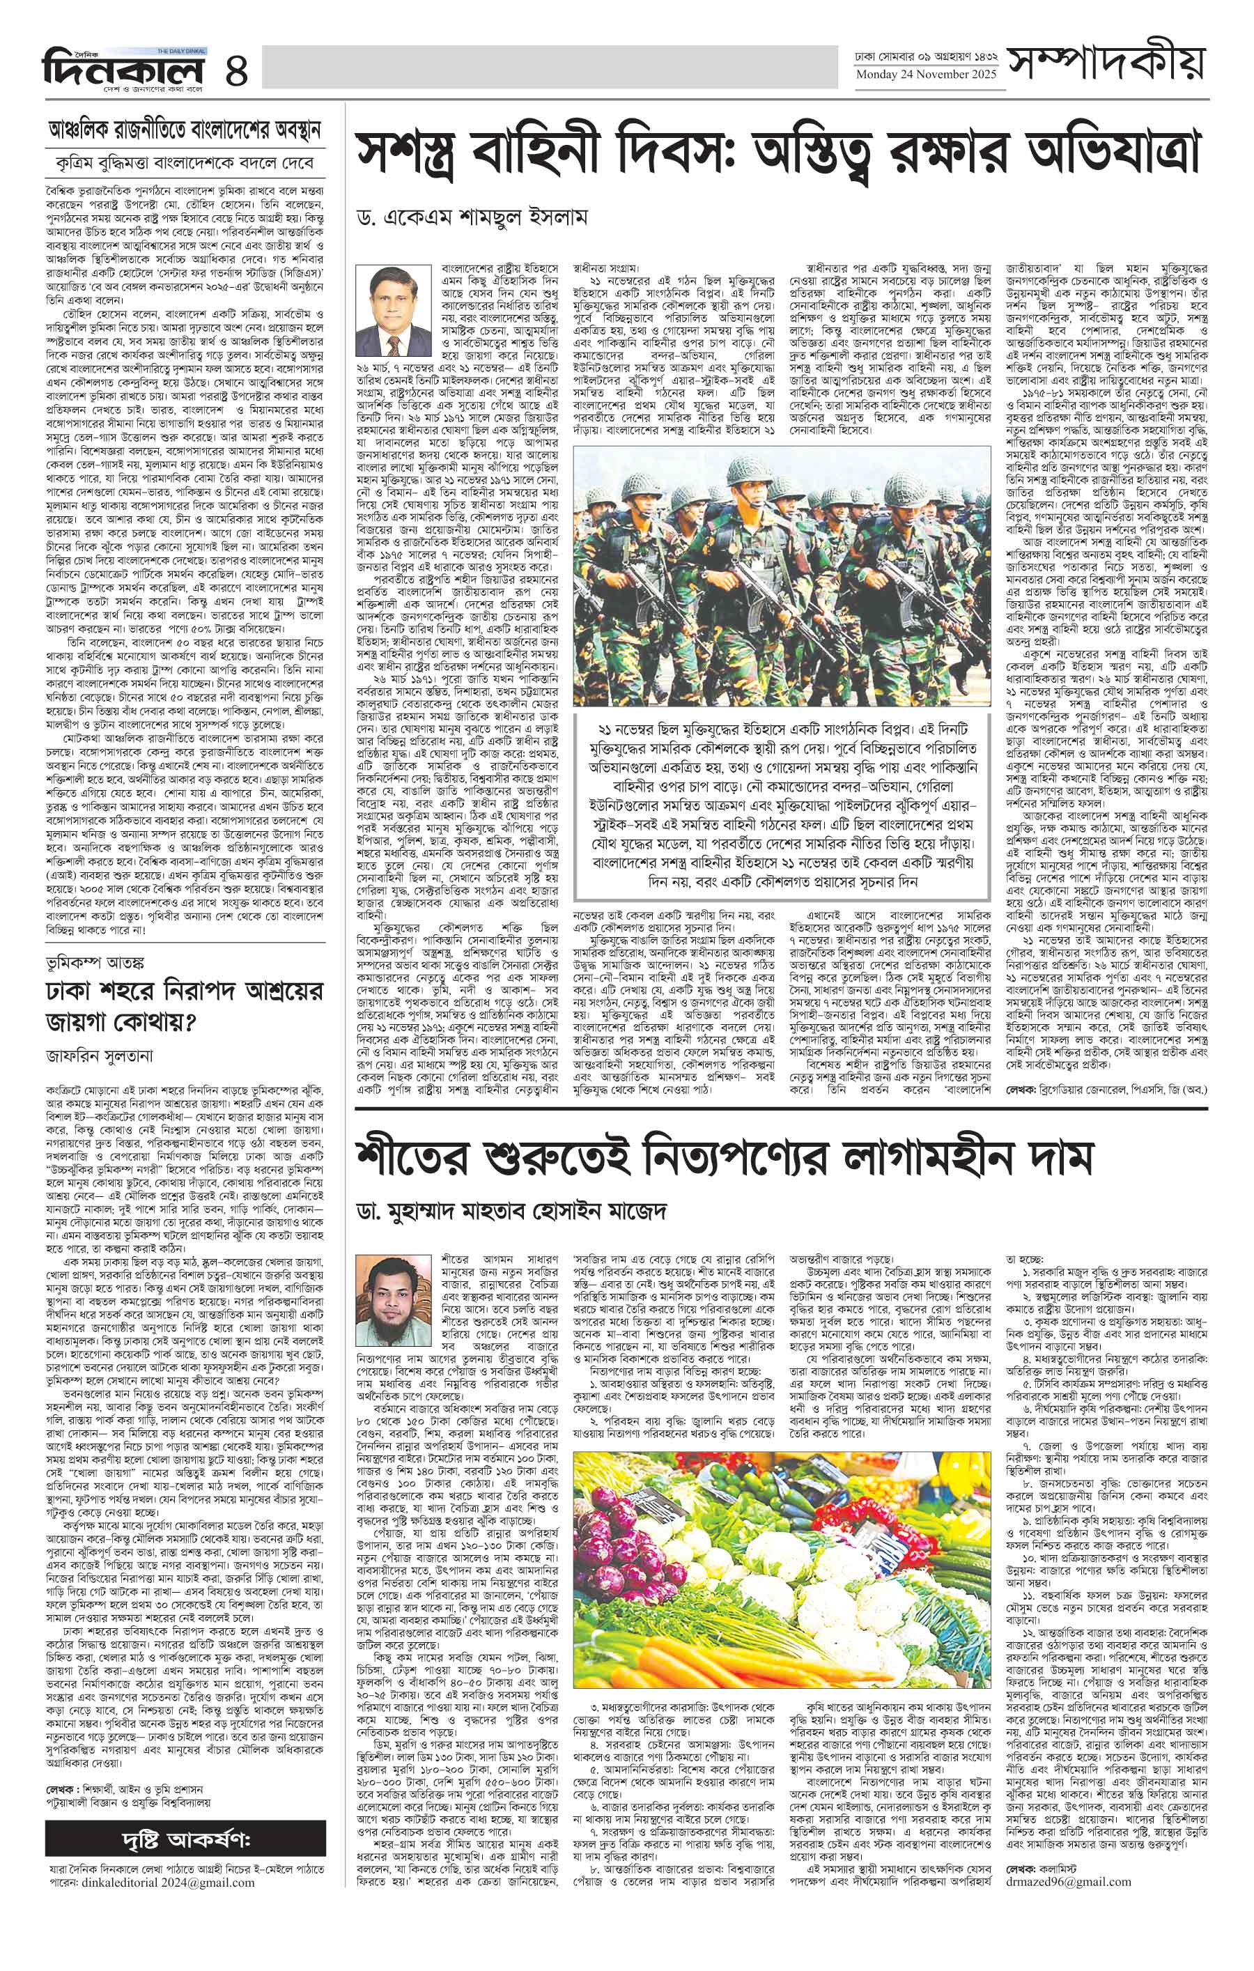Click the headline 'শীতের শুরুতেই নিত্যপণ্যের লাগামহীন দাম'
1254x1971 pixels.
click(725, 1157)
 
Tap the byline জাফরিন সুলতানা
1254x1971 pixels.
click(102, 1057)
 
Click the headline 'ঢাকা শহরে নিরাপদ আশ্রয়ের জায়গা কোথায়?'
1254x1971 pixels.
click(186, 1007)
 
